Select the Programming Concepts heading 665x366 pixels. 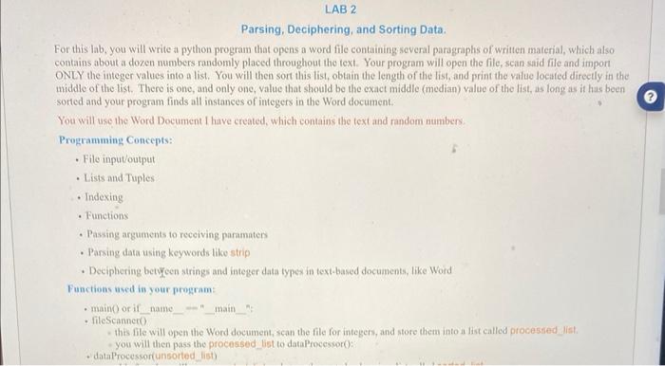coord(106,139)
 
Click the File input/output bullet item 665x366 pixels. coord(119,158)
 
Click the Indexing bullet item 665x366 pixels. coord(104,196)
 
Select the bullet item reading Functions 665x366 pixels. coord(105,215)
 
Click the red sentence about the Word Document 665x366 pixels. coord(248,121)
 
